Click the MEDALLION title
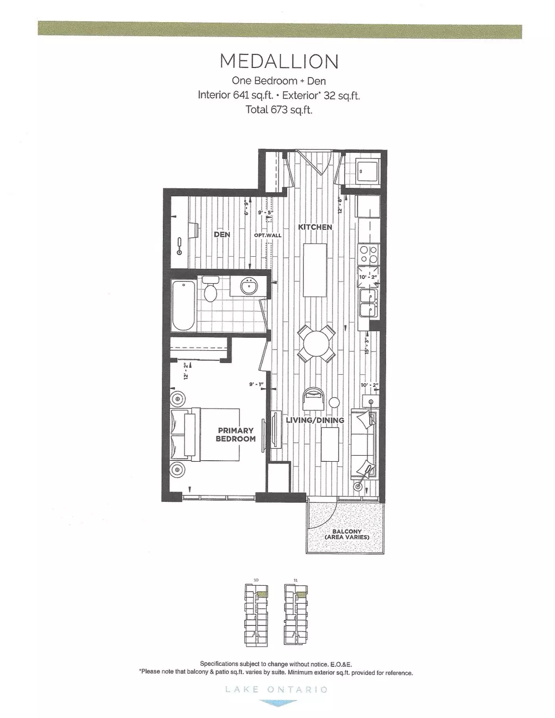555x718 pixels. [279, 62]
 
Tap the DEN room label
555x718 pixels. [222, 235]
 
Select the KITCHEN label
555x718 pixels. [315, 227]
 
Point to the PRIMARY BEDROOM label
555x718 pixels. [236, 434]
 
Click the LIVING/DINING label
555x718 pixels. [315, 420]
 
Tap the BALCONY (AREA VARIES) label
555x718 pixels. [346, 534]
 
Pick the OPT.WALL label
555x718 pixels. [268, 235]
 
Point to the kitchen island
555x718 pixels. [315, 270]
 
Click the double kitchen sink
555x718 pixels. [369, 303]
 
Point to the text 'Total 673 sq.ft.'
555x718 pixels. [279, 110]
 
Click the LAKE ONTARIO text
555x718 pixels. [277, 689]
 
